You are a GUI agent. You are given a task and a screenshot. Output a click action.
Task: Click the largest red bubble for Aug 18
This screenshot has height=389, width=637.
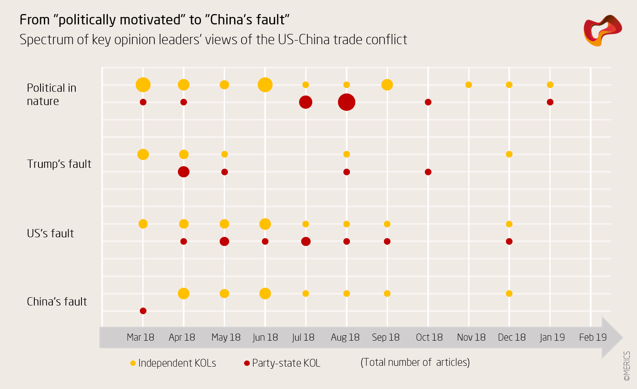click(x=347, y=102)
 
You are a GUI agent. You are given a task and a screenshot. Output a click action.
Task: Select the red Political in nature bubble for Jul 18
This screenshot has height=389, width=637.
click(x=306, y=102)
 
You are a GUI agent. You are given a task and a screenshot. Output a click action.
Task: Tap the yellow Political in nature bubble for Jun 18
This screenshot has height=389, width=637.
click(x=265, y=85)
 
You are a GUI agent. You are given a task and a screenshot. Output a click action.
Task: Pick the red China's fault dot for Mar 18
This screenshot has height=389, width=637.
click(x=143, y=311)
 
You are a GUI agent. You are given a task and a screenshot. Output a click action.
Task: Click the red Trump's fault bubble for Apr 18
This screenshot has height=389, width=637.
click(x=184, y=172)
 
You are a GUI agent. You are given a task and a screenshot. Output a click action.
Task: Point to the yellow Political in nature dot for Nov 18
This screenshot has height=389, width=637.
click(x=469, y=85)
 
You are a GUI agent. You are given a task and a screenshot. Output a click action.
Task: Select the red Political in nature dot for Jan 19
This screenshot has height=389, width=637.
click(x=550, y=102)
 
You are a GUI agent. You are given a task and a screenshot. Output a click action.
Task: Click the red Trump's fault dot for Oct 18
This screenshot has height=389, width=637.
click(x=428, y=172)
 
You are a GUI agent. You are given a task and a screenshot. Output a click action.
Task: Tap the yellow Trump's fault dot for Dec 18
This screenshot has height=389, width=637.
click(x=509, y=154)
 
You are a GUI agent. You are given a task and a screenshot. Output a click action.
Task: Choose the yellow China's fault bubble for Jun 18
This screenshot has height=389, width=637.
click(x=265, y=294)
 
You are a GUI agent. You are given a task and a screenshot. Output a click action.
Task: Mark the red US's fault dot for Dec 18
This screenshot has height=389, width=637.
click(x=509, y=241)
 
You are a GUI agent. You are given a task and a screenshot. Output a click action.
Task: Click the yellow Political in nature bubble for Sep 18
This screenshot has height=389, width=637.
click(x=387, y=85)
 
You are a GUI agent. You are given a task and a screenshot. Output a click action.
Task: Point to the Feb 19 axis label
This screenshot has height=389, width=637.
click(x=593, y=337)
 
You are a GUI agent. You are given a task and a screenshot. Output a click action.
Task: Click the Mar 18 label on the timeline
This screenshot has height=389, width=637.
click(x=140, y=337)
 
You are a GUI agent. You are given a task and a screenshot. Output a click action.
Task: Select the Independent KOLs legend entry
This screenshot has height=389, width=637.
click(x=173, y=363)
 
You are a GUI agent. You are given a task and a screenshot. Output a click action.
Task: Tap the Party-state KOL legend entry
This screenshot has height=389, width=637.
click(x=282, y=363)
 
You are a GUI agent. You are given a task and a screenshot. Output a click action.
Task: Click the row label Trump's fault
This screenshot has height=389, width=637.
click(x=59, y=164)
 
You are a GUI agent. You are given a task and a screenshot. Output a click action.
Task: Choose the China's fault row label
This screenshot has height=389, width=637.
click(x=57, y=302)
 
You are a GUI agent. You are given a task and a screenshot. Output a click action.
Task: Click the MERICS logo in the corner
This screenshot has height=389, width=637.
click(x=603, y=30)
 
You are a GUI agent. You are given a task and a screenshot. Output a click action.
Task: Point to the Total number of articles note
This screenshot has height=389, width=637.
click(x=415, y=362)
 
